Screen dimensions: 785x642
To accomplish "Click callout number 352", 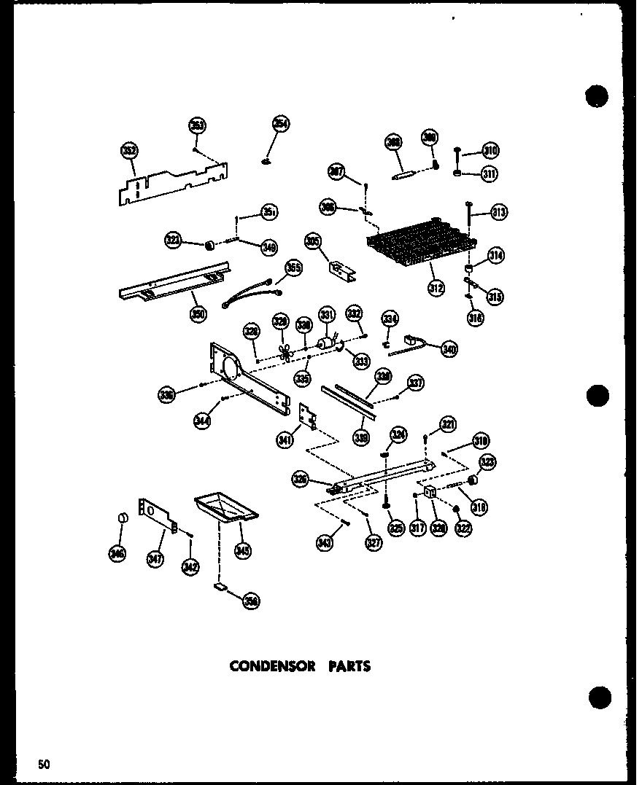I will pos(129,152).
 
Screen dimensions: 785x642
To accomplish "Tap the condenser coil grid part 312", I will pos(424,241).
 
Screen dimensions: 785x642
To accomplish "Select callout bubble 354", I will pos(281,124).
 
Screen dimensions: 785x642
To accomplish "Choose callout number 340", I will pos(449,350).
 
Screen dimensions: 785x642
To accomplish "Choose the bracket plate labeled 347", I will pos(157,513).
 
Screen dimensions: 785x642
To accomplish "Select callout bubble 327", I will pos(374,543).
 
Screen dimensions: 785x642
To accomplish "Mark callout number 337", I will pos(416,383).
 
